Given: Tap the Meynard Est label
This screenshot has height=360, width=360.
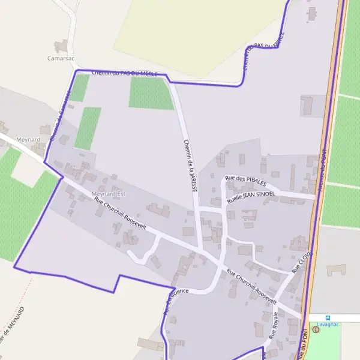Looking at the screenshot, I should tap(109, 194).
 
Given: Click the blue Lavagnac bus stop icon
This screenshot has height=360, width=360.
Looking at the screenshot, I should tap(328, 317).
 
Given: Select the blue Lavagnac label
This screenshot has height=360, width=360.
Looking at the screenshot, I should tap(328, 324).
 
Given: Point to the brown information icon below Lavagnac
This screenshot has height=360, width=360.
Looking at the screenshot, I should tap(316, 329).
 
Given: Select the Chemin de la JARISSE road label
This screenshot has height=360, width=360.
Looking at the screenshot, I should tap(190, 164).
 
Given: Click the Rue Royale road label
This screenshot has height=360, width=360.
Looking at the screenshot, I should tap(273, 326).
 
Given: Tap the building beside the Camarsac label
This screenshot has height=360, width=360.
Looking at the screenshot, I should tap(61, 46).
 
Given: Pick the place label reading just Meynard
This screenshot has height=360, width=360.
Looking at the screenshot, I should tap(29, 140).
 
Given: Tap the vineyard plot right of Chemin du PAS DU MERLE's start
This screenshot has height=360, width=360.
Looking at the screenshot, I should tap(151, 94).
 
